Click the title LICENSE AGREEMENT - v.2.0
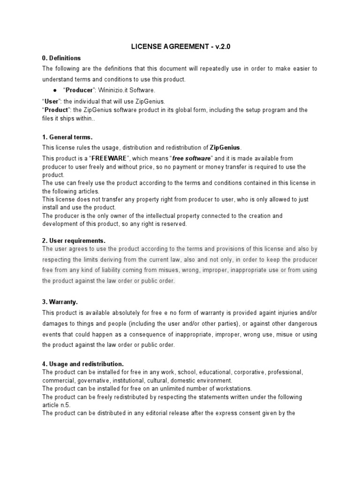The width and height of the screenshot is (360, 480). [180, 46]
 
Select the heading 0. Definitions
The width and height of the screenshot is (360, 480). [61, 58]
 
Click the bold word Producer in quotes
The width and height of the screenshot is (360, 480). [79, 90]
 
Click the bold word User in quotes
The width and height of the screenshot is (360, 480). [50, 101]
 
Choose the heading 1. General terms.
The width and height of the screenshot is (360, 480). [67, 137]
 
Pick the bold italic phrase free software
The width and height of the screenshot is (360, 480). [192, 158]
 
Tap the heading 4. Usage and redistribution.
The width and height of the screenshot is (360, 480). [83, 364]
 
